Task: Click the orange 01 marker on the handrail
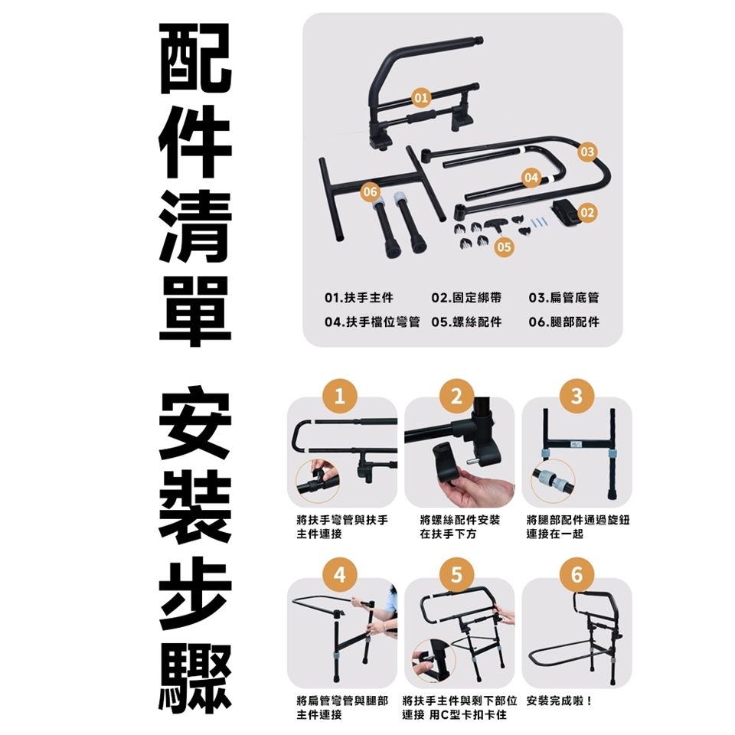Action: pyautogui.click(x=420, y=97)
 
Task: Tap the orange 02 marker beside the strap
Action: pyautogui.click(x=587, y=213)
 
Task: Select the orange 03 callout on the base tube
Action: pyautogui.click(x=587, y=152)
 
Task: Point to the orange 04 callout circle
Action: pyautogui.click(x=531, y=178)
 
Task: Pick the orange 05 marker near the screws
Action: pyautogui.click(x=504, y=247)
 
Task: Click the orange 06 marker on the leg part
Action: pyautogui.click(x=370, y=191)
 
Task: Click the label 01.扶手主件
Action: pyautogui.click(x=358, y=298)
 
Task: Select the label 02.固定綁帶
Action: pyautogui.click(x=466, y=298)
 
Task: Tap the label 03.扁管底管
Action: pyautogui.click(x=564, y=298)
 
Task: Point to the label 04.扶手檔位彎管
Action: pyautogui.click(x=372, y=322)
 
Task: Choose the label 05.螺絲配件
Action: pyautogui.click(x=466, y=322)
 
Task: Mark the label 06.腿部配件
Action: pyautogui.click(x=564, y=322)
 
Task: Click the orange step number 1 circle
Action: pyautogui.click(x=340, y=396)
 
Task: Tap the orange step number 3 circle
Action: pyautogui.click(x=577, y=396)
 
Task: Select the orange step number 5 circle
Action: pyautogui.click(x=457, y=575)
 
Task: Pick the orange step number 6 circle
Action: pyautogui.click(x=577, y=575)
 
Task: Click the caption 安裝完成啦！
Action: pyautogui.click(x=560, y=701)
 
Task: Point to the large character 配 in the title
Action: pyautogui.click(x=195, y=59)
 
